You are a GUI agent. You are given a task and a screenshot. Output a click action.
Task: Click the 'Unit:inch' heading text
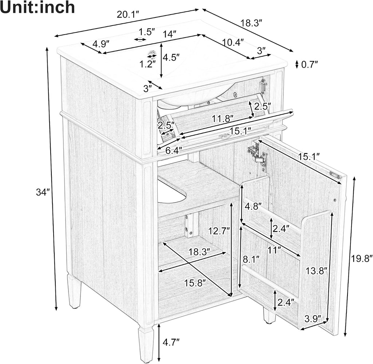click(38, 7)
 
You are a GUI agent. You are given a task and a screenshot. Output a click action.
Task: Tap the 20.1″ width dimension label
click(128, 15)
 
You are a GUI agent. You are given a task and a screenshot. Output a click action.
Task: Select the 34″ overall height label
click(43, 192)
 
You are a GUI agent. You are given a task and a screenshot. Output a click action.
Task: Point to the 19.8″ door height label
click(361, 258)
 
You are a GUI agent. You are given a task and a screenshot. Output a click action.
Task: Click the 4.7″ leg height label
click(171, 343)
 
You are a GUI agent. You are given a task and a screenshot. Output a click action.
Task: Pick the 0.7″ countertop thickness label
click(310, 64)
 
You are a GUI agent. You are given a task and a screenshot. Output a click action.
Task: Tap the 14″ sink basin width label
click(170, 34)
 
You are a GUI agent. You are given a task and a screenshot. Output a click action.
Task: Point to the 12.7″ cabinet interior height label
click(219, 230)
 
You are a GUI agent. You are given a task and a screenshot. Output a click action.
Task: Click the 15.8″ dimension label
click(195, 283)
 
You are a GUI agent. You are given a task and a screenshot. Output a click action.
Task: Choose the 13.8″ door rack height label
click(317, 270)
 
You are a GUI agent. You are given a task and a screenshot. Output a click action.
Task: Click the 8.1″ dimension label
click(251, 259)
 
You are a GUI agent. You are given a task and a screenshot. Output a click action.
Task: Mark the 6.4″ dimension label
click(174, 150)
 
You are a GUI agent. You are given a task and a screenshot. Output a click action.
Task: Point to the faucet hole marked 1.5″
click(140, 39)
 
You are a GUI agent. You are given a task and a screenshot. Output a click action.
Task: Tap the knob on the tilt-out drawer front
click(224, 136)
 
